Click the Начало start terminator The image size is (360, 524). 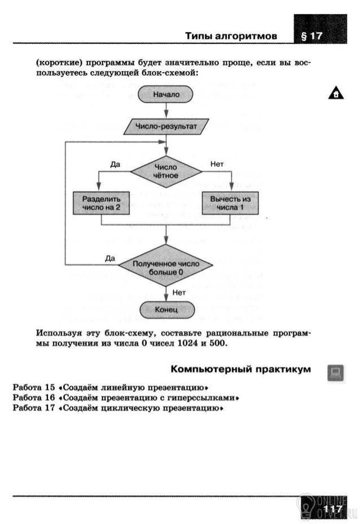point(165,94)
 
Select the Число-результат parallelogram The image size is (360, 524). point(166,126)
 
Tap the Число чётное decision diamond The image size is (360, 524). point(166,171)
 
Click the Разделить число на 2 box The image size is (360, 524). point(101,203)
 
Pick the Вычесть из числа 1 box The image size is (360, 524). point(230,203)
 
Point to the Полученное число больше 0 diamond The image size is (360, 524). point(166,265)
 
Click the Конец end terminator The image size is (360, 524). point(167,310)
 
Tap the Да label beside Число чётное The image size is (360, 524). point(115,164)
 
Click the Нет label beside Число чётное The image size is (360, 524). point(217,164)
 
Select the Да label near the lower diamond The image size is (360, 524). point(110,258)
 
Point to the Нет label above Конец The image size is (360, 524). point(179,293)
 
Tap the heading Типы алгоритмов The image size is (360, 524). point(231,36)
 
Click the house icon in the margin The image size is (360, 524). point(336,93)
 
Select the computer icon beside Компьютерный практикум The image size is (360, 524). point(336,373)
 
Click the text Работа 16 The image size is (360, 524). point(34,398)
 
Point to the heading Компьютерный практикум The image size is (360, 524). point(241,369)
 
